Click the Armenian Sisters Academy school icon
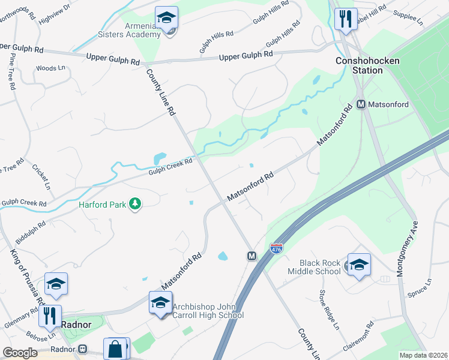point(166,19)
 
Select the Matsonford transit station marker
point(361,104)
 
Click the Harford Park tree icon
point(136,204)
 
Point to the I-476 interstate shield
point(276,248)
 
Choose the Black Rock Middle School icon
point(358,265)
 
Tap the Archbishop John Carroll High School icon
point(160,303)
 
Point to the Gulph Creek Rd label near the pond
point(170,167)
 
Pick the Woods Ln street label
point(50,68)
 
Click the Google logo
point(20,353)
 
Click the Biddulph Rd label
point(30,229)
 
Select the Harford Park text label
point(103,205)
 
